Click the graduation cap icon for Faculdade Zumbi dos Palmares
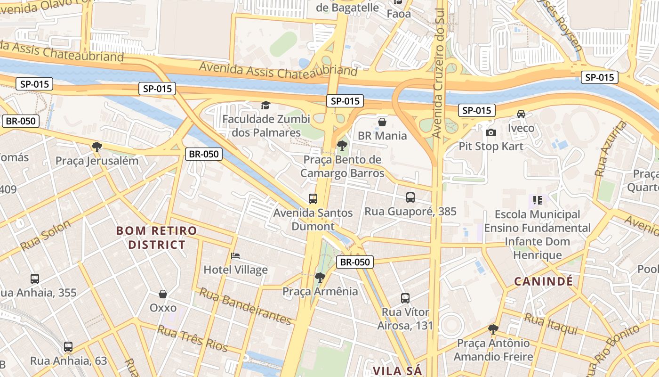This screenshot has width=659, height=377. click(x=266, y=105)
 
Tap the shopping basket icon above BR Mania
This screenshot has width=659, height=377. click(x=382, y=122)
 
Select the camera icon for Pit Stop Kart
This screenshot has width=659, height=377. click(x=491, y=132)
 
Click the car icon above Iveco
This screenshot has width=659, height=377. click(x=521, y=114)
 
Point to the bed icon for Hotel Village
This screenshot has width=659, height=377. click(x=235, y=256)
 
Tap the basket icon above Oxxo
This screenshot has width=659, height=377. click(x=163, y=294)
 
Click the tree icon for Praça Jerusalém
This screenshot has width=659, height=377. click(x=97, y=147)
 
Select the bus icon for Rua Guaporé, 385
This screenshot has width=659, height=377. click(x=410, y=197)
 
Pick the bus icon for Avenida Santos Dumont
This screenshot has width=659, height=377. click(x=313, y=199)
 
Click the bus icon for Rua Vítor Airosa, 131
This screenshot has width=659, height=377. click(x=405, y=298)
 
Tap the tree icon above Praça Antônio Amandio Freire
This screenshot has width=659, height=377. click(x=493, y=329)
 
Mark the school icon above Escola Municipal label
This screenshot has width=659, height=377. click(x=538, y=200)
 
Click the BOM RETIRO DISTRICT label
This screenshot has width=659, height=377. click(x=157, y=238)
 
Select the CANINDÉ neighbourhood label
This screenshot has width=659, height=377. click(x=543, y=282)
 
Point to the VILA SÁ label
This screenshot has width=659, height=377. click(x=397, y=370)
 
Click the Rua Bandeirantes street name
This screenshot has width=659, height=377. click(x=245, y=306)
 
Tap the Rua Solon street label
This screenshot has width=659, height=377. click(x=45, y=235)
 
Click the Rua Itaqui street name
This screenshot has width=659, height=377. click(x=551, y=325)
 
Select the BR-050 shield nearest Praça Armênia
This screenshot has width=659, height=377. click(x=355, y=262)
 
